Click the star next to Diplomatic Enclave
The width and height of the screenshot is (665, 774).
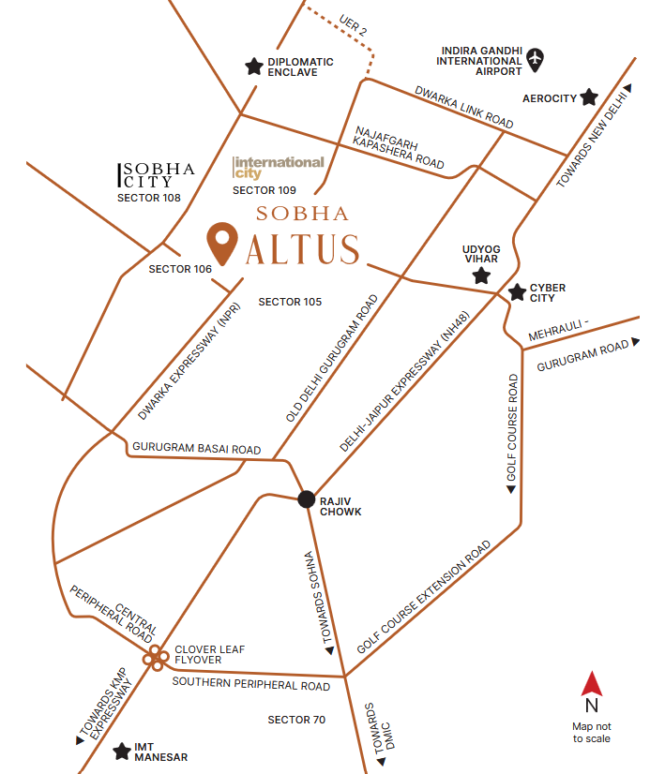click(253, 67)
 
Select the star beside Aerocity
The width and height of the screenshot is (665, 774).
click(589, 97)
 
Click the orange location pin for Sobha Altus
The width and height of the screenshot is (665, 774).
click(222, 243)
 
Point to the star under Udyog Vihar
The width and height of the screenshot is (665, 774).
click(481, 275)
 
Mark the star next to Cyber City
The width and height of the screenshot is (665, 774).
click(516, 292)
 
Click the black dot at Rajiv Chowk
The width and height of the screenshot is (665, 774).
click(306, 499)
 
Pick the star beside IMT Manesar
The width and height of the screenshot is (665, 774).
click(122, 751)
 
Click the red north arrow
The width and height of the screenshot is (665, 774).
click(591, 685)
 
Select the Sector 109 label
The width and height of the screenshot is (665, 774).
click(264, 190)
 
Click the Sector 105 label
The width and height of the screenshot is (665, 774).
click(290, 302)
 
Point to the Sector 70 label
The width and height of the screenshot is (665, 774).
click(295, 720)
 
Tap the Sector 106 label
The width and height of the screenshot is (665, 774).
click(180, 269)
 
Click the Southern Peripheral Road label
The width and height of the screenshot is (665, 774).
click(250, 684)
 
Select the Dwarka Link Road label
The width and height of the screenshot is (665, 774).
click(464, 108)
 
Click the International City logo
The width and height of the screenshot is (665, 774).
click(279, 167)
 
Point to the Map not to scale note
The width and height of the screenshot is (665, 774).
click(591, 732)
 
